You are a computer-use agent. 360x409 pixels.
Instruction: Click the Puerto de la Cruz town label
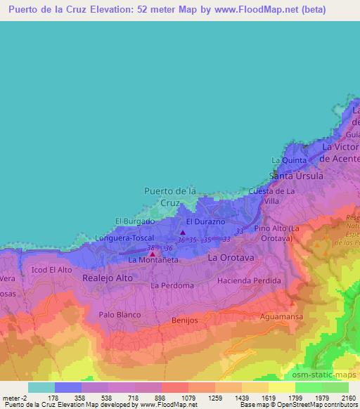(x=169, y=196)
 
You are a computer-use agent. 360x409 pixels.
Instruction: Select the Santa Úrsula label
(x=297, y=176)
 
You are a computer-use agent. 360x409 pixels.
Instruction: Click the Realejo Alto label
(x=108, y=278)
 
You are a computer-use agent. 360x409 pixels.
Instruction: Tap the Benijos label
(x=186, y=320)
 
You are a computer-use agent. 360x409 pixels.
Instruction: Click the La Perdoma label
(x=172, y=286)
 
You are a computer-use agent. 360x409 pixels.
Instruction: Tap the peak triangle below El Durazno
(x=183, y=233)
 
